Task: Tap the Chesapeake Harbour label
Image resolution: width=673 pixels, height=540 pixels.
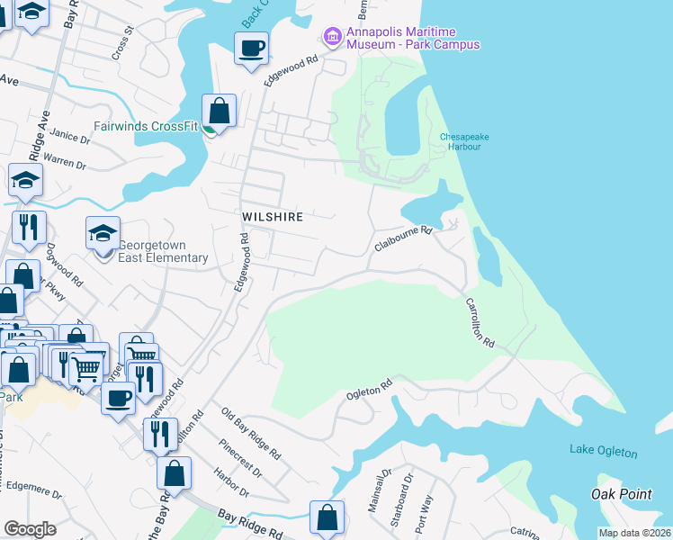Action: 464,142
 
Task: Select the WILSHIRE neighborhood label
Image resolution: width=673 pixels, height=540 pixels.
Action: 272,217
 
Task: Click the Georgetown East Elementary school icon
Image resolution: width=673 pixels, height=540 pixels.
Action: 103,234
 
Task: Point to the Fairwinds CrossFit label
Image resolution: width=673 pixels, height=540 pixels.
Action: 148,127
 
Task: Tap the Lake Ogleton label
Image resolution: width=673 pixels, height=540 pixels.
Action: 603,452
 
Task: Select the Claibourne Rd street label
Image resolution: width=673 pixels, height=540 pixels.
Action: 404,238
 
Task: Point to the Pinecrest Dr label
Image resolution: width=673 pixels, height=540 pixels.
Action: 240,459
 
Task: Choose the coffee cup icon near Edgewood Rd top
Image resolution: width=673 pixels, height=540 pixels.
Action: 252,47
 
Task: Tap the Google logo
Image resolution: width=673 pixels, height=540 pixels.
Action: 30,529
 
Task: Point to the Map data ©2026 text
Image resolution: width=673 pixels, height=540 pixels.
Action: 634,533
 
